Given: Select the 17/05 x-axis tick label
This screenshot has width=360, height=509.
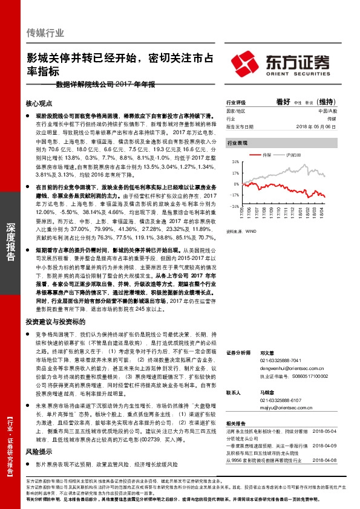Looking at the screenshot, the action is [x=241, y=215].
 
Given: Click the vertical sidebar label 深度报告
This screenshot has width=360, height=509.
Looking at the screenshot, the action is [x=10, y=241].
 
